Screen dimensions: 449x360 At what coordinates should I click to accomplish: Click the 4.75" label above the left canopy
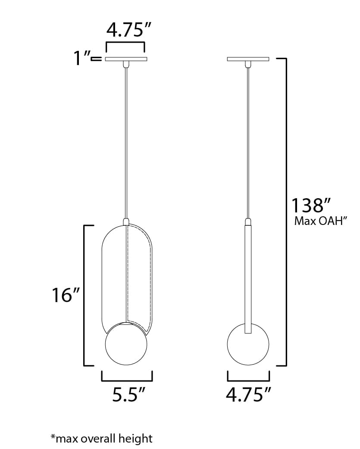125,31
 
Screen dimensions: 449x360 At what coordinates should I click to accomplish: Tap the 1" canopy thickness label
82,58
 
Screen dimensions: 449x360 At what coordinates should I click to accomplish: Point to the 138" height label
311,205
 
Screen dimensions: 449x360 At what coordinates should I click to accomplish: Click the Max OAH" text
321,221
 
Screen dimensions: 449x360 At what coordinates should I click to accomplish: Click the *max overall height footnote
102,439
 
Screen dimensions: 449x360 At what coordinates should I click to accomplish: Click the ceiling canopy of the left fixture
126,59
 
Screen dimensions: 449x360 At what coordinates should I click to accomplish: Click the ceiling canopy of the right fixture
248,59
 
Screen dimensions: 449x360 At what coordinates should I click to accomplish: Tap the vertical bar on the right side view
248,280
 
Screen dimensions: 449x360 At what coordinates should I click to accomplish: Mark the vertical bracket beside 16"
84,295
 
